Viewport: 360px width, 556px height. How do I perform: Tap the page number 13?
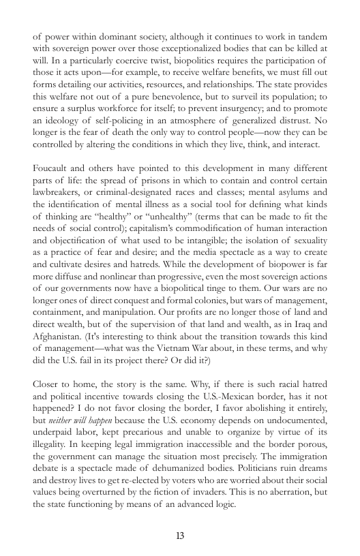click(180, 535)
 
